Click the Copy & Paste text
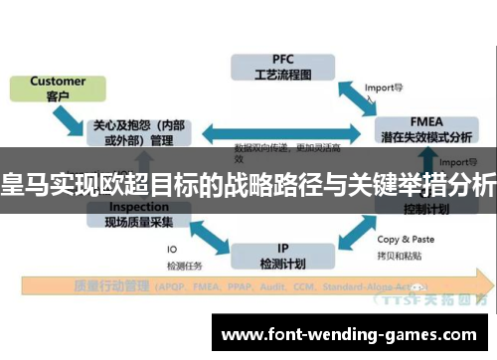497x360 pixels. [405, 239]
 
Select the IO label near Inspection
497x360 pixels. [172, 250]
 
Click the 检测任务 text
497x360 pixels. [186, 265]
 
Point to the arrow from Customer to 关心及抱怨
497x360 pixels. [71, 121]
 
